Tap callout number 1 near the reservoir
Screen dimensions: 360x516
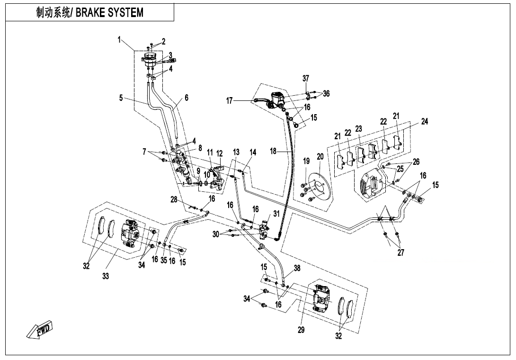pyautogui.click(x=120, y=40)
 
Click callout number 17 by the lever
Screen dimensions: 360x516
pyautogui.click(x=230, y=100)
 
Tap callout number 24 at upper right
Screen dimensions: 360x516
pyautogui.click(x=424, y=122)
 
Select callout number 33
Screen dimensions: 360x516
pyautogui.click(x=106, y=277)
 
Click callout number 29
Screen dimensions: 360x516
pyautogui.click(x=301, y=330)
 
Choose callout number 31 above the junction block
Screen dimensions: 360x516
pyautogui.click(x=276, y=214)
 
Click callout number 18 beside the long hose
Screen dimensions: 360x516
pyautogui.click(x=273, y=152)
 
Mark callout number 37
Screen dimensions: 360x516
pyautogui.click(x=305, y=78)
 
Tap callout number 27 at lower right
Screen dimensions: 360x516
pyautogui.click(x=400, y=252)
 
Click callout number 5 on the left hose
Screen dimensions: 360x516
pyautogui.click(x=121, y=98)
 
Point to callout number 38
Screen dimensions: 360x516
pyautogui.click(x=297, y=268)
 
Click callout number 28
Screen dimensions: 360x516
pyautogui.click(x=174, y=199)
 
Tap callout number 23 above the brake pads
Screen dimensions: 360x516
pyautogui.click(x=358, y=128)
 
